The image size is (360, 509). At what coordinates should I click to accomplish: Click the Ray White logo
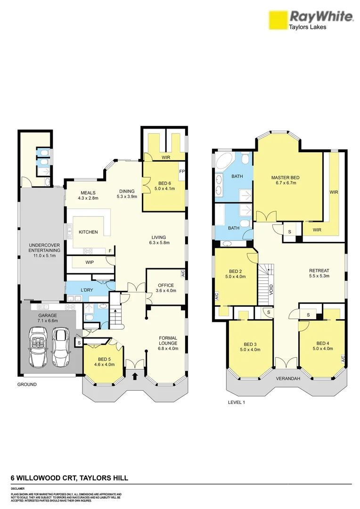coord(311,20)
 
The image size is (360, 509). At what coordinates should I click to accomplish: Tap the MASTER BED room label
coord(285,178)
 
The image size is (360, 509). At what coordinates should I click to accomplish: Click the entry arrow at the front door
coord(136,376)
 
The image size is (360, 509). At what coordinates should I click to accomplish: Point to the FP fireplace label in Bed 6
coord(181,172)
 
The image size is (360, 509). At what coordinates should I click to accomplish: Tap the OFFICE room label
coord(166,285)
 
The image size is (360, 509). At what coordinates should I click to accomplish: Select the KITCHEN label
coord(88,232)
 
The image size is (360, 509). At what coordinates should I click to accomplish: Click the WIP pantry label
coord(90,262)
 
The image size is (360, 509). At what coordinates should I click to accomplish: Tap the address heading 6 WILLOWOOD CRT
coord(69,478)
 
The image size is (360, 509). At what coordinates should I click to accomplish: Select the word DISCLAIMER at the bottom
coord(17,489)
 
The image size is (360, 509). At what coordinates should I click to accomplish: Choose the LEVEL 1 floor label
coord(237,402)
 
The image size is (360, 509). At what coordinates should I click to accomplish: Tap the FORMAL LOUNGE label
coord(168,340)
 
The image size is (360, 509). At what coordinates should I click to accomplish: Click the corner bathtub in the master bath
coord(223,163)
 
